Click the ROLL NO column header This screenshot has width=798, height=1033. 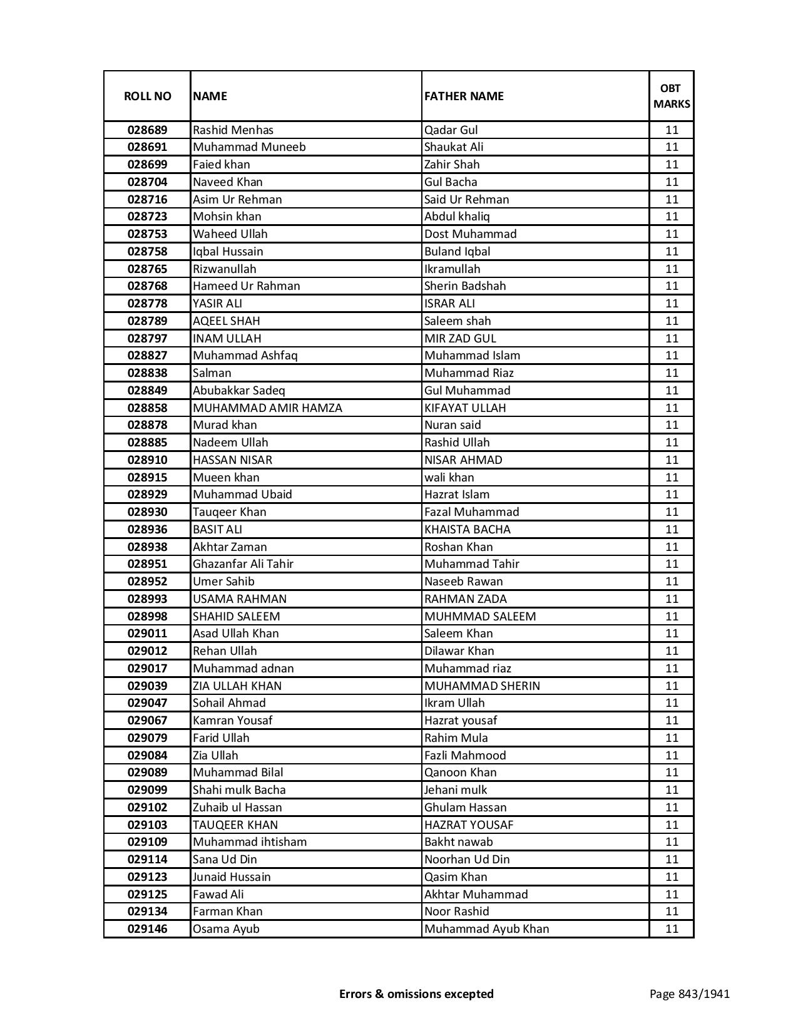(147, 96)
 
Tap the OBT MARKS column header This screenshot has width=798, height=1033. (672, 96)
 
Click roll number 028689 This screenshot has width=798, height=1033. (147, 130)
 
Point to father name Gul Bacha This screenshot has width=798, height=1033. (451, 182)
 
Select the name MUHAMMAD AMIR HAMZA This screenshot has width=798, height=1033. (267, 408)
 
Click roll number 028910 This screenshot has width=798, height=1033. (147, 460)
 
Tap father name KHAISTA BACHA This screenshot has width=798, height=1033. (467, 530)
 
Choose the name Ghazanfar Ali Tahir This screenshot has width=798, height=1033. (243, 564)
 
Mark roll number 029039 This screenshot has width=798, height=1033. (147, 686)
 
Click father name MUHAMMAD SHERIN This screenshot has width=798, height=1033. (482, 686)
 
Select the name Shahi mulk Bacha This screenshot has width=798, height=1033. (239, 790)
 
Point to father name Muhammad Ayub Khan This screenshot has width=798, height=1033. (486, 929)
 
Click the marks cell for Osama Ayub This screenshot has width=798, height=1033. (672, 929)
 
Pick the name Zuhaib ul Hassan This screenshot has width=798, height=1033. (237, 808)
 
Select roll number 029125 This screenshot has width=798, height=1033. (147, 895)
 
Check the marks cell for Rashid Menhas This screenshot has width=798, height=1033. (672, 130)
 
